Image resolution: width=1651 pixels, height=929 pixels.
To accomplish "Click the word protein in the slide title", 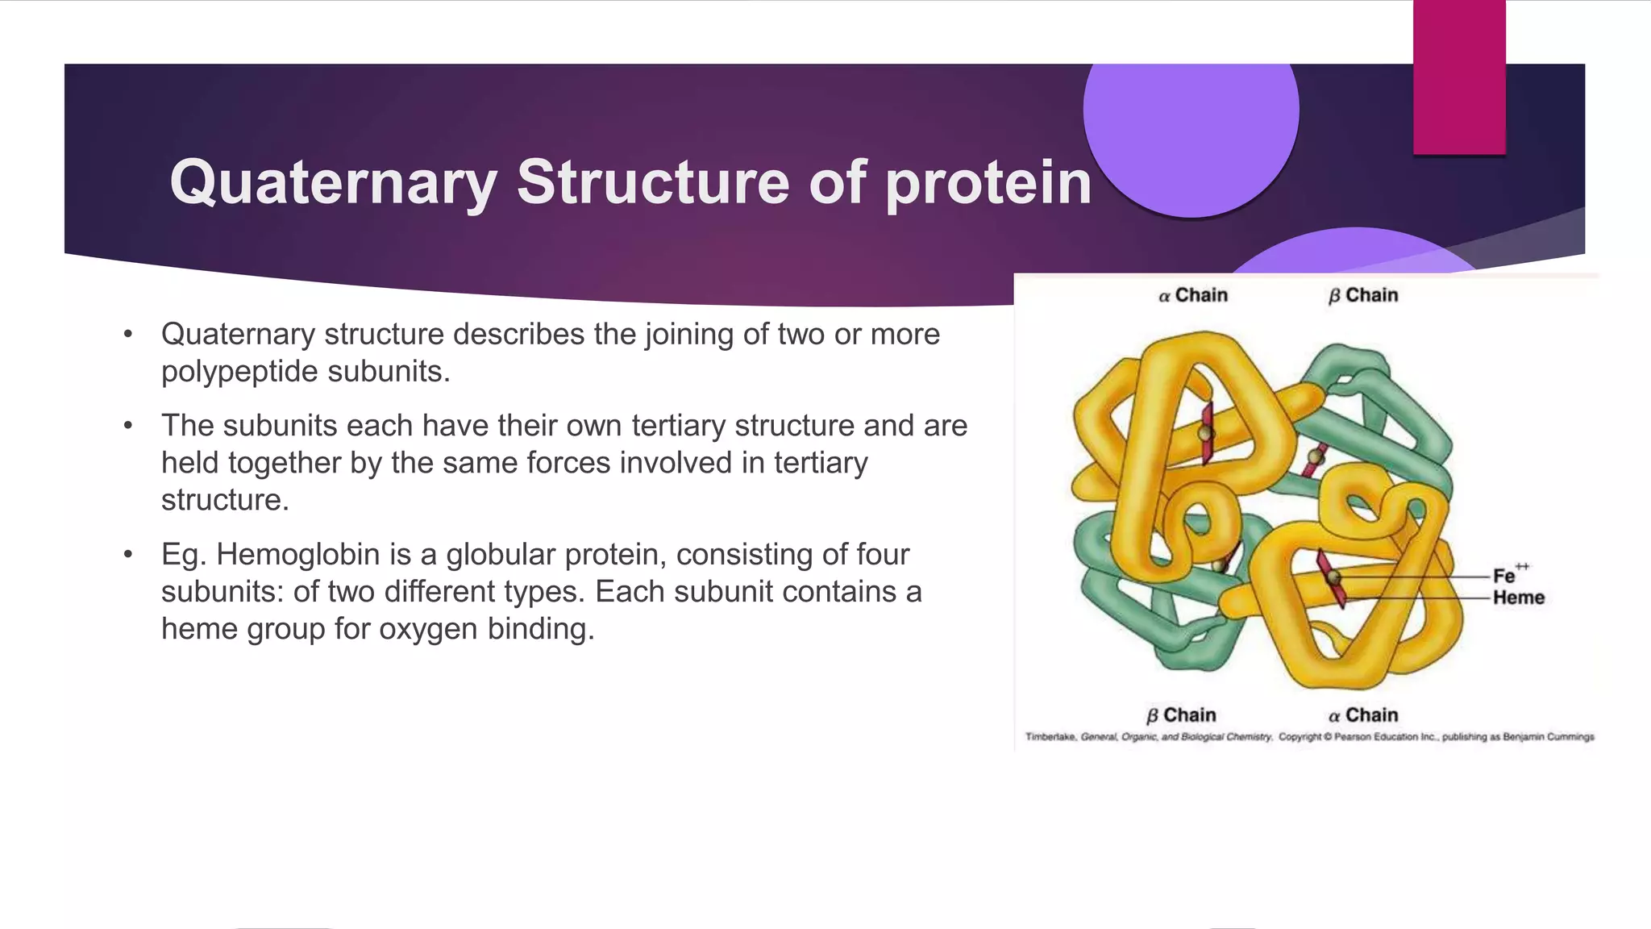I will pyautogui.click(x=988, y=183).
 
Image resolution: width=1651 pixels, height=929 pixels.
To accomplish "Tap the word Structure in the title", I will pyautogui.click(x=653, y=181).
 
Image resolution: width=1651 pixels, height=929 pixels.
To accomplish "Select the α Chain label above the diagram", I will pyautogui.click(x=1193, y=295).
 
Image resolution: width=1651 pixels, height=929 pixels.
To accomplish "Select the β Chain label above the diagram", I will pyautogui.click(x=1363, y=295).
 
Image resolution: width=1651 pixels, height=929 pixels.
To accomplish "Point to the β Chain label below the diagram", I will pyautogui.click(x=1181, y=715).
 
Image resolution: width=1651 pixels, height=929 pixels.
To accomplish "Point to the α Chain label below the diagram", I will pyautogui.click(x=1363, y=715).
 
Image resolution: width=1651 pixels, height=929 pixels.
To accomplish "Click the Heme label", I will pyautogui.click(x=1518, y=598).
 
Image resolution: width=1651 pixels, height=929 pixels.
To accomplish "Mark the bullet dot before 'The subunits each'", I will pyautogui.click(x=127, y=426).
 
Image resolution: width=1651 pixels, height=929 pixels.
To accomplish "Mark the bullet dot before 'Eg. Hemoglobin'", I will pyautogui.click(x=127, y=555).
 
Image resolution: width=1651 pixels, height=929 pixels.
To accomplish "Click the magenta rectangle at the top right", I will pyautogui.click(x=1459, y=77).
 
